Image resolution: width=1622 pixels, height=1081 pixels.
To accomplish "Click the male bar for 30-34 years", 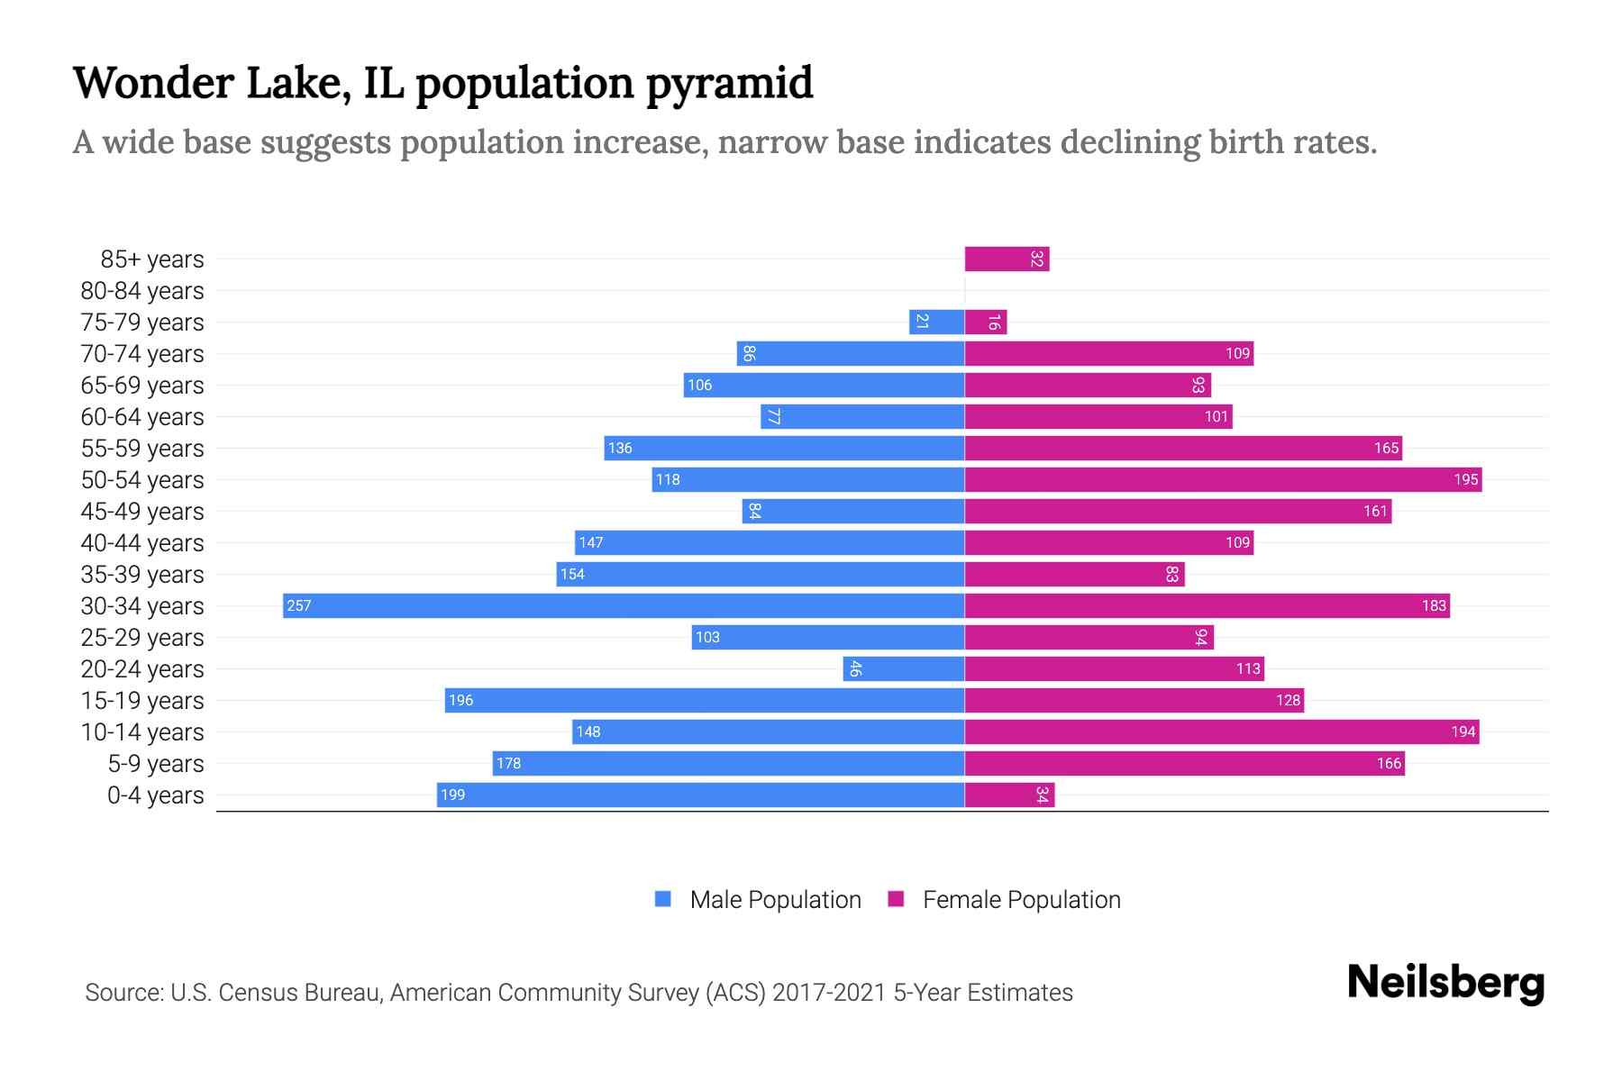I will tap(624, 605).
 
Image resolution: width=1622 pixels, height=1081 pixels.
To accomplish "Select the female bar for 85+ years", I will tap(1007, 259).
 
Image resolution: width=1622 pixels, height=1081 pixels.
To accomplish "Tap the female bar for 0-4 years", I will tap(1009, 795).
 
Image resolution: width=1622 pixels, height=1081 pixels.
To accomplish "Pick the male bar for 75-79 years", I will tap(937, 322).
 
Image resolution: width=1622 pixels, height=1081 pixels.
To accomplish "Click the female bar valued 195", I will tap(1223, 479).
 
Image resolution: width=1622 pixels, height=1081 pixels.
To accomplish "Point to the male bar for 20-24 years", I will tap(904, 668).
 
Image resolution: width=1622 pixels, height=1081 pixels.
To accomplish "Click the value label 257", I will tap(298, 605).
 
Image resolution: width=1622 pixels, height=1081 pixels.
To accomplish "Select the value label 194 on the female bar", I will tap(1463, 731).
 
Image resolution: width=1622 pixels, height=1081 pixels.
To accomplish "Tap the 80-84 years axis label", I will tap(142, 291).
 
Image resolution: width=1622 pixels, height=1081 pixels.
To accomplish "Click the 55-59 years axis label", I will tap(142, 449).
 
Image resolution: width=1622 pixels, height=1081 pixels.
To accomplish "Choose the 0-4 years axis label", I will tap(155, 795).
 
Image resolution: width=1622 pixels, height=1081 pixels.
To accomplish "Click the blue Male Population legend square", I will tap(663, 899).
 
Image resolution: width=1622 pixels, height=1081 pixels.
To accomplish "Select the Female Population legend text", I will tap(1021, 899).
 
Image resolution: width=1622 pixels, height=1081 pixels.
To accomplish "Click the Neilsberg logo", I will tap(1445, 983).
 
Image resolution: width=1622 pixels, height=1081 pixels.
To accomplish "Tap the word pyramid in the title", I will tap(730, 84).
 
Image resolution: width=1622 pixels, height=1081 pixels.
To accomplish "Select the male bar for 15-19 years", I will tap(705, 700).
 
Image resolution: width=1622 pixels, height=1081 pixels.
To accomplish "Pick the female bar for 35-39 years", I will tap(1074, 574).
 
